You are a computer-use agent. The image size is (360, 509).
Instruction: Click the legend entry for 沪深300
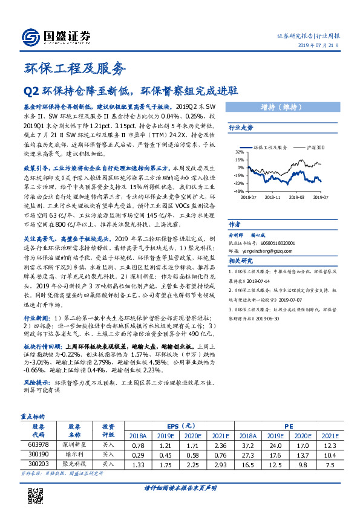click(x=316, y=146)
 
